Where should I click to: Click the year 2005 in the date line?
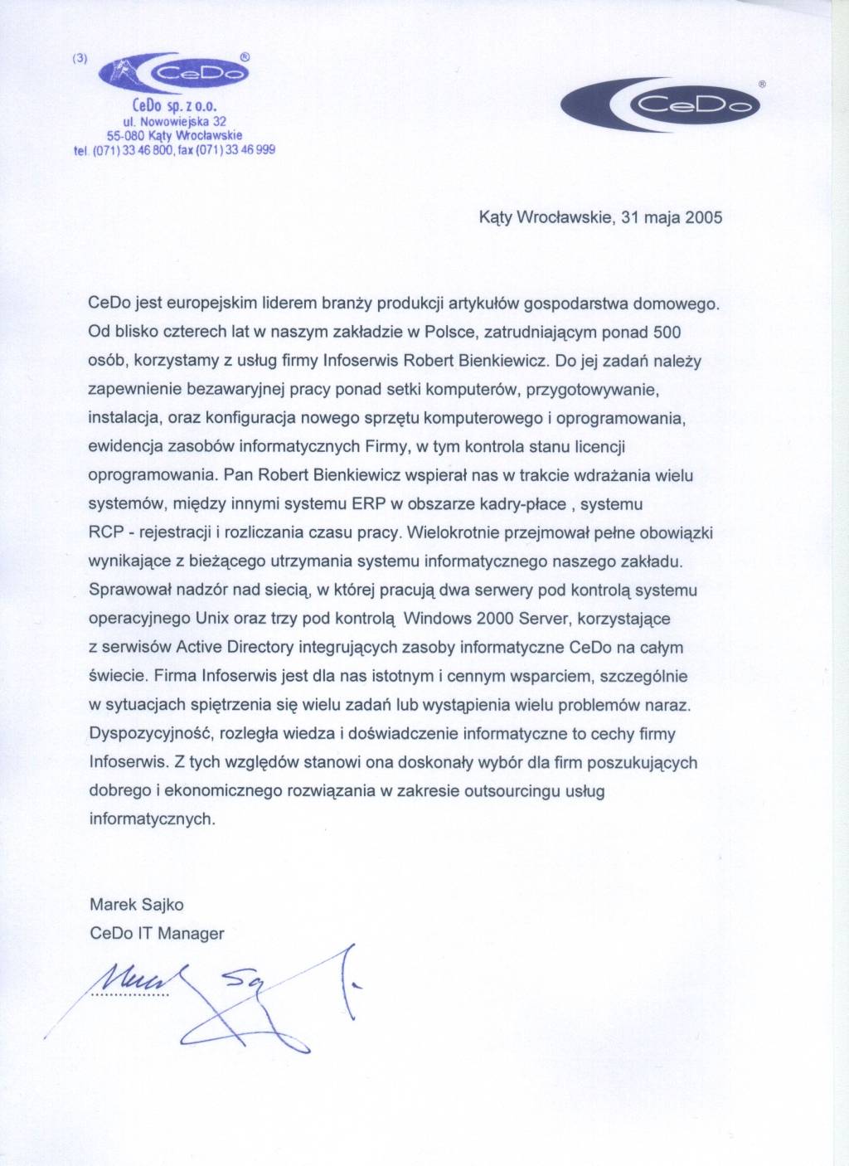(x=703, y=217)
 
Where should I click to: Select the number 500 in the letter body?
(x=667, y=333)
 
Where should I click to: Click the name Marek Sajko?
(x=136, y=904)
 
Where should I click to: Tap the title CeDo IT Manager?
(x=157, y=933)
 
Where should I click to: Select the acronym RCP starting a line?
(x=105, y=532)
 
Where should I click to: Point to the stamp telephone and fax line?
(x=174, y=150)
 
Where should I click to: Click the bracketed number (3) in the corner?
(x=80, y=58)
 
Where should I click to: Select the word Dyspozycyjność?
(x=143, y=733)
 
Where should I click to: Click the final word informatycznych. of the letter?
(x=152, y=819)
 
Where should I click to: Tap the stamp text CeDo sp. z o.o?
(x=174, y=106)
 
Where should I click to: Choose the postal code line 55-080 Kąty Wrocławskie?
(x=174, y=135)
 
